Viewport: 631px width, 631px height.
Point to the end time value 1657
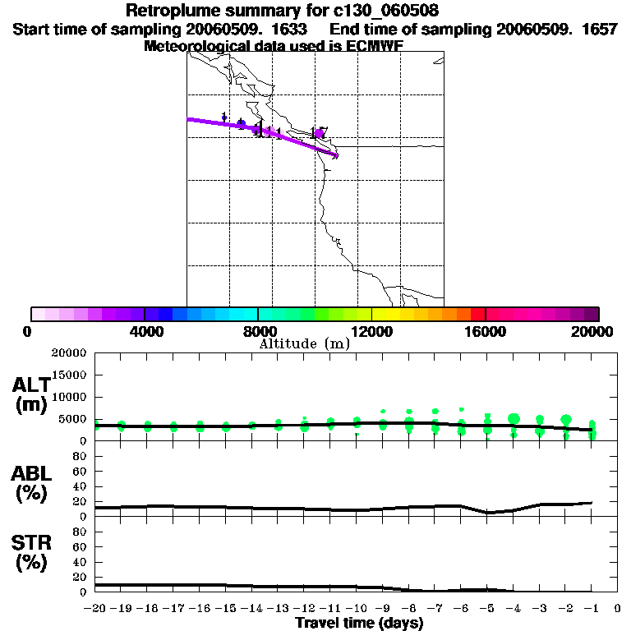click(593, 29)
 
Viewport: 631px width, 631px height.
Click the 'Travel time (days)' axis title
click(359, 623)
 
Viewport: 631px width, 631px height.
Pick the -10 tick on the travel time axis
click(356, 608)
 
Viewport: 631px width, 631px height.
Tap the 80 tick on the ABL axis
click(81, 456)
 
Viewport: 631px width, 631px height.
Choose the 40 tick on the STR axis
click(81, 561)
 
